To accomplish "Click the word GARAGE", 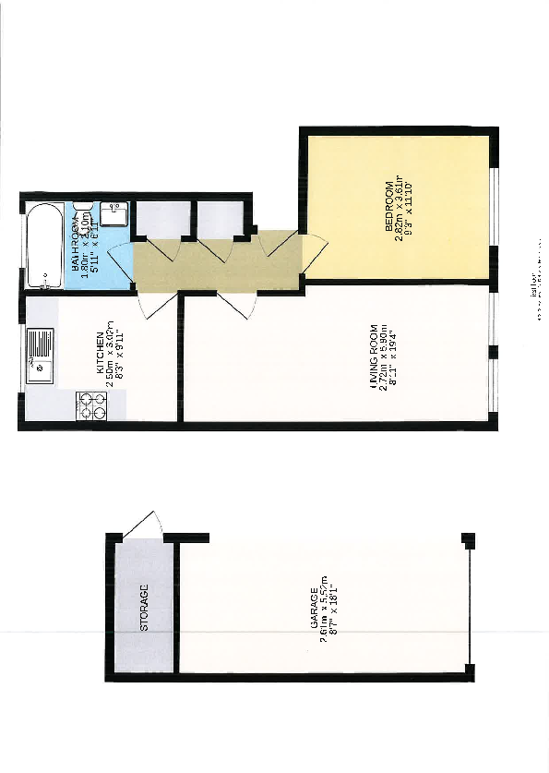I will (314, 610).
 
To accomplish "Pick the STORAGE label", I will (144, 608).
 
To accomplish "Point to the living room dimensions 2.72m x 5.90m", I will (383, 360).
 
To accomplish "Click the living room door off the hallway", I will (238, 302).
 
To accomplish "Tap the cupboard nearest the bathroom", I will (161, 219).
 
